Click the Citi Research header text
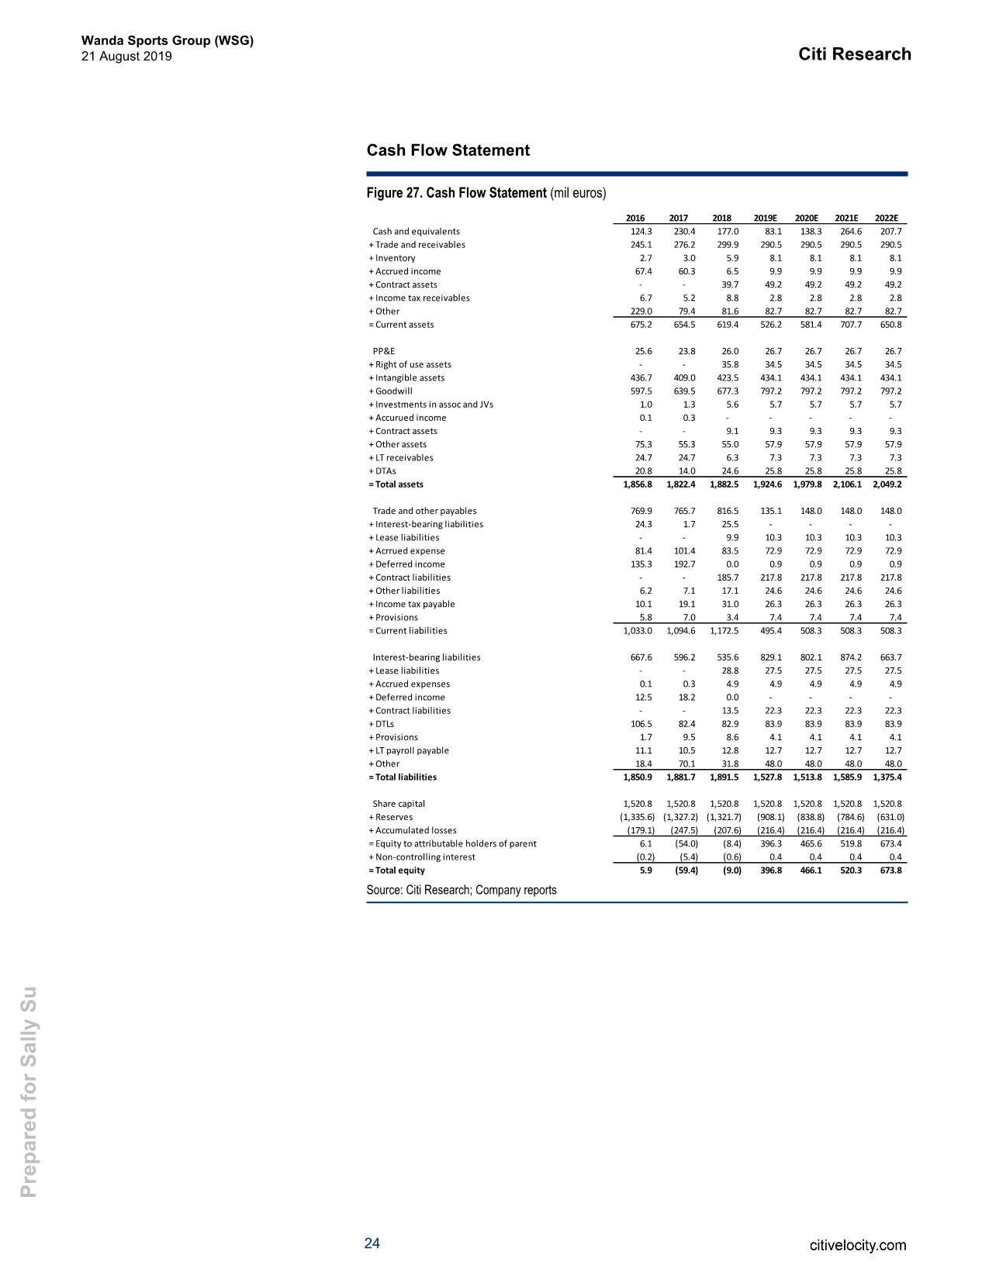(854, 54)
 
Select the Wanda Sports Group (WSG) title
(167, 41)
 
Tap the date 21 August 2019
(126, 57)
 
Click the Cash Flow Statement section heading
(448, 150)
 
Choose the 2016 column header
(635, 219)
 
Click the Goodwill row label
(393, 391)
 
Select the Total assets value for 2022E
(887, 484)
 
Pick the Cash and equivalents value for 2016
(641, 232)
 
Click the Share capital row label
(399, 804)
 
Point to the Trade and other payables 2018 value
(727, 512)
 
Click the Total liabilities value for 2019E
(767, 777)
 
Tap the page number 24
(372, 1243)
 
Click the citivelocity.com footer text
(857, 1245)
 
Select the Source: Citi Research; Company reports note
(461, 890)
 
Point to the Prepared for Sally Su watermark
(29, 1091)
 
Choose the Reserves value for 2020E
(811, 817)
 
